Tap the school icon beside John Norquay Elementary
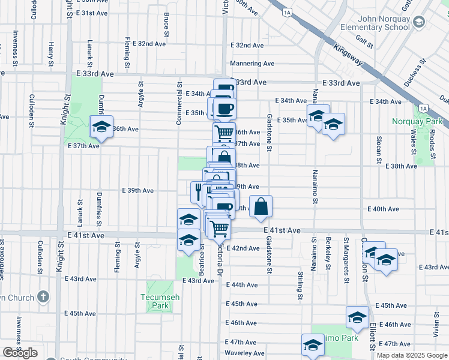[x=418, y=22]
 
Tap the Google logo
[x=20, y=353]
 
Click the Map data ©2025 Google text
[x=411, y=355]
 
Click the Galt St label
[x=364, y=41]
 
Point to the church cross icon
[x=43, y=296]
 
